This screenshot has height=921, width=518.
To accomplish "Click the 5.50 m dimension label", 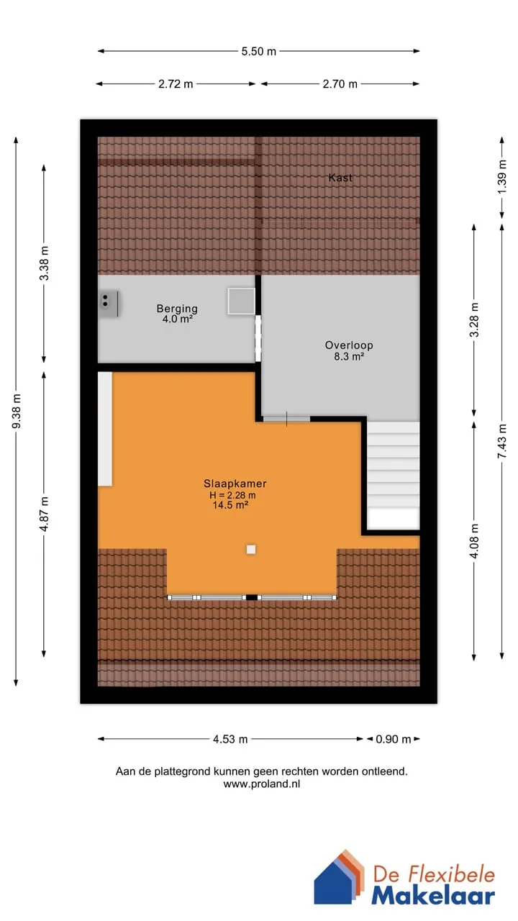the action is pyautogui.click(x=258, y=51).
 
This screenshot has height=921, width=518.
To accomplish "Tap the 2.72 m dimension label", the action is pyautogui.click(x=176, y=84).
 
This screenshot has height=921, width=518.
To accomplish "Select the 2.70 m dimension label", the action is pyautogui.click(x=340, y=84).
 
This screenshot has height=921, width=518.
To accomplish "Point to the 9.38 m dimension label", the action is pyautogui.click(x=17, y=411).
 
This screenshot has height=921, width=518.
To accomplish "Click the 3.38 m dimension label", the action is pyautogui.click(x=45, y=263).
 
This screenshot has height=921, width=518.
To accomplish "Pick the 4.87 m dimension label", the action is pyautogui.click(x=45, y=514).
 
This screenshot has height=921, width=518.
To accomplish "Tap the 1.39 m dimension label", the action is pyautogui.click(x=502, y=177).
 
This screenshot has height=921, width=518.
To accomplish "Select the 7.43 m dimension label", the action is pyautogui.click(x=502, y=442).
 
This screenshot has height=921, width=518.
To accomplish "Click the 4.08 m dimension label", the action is pyautogui.click(x=474, y=541).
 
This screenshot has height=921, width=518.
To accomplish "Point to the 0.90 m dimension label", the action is pyautogui.click(x=394, y=739).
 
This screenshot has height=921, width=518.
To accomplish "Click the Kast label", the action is pyautogui.click(x=340, y=178).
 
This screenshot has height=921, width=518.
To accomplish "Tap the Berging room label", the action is pyautogui.click(x=177, y=314).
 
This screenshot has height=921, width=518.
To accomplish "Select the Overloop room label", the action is pyautogui.click(x=349, y=350).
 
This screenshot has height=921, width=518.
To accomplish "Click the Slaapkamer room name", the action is pyautogui.click(x=235, y=484).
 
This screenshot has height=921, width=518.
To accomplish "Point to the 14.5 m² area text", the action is pyautogui.click(x=230, y=505).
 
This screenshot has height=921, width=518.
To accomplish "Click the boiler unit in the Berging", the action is pyautogui.click(x=109, y=304).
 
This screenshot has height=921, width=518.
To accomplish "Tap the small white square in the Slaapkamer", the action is pyautogui.click(x=251, y=549).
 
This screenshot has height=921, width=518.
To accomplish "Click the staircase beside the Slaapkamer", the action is pyautogui.click(x=394, y=476).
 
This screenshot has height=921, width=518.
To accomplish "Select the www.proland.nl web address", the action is pyautogui.click(x=262, y=784).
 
